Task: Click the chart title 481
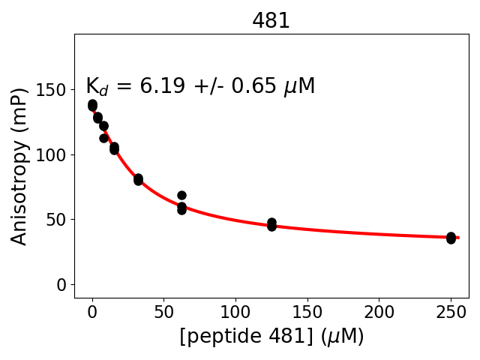271,21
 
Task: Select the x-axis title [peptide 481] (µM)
271,337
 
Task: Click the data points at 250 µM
451,238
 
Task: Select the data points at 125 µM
271,224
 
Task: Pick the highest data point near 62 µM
181,195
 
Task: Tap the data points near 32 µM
138,179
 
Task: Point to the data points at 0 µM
92,105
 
